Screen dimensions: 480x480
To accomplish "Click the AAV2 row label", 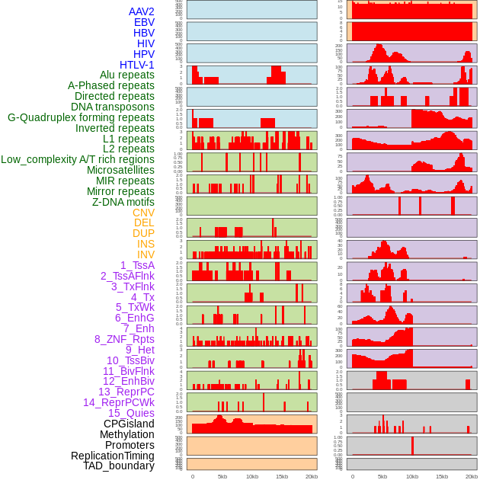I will [141, 11].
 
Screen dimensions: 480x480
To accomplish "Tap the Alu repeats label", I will [126, 75].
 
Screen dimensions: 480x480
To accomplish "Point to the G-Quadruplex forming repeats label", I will [81, 117].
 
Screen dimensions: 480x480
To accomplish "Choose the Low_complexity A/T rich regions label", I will [78, 159].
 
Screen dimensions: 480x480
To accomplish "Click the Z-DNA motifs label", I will [123, 202].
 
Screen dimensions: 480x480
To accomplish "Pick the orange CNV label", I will [143, 213].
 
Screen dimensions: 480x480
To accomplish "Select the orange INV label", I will [146, 254].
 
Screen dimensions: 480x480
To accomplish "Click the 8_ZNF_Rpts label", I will [124, 339].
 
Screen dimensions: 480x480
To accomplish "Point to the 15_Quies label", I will [131, 413].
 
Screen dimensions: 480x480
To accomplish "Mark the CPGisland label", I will [129, 424].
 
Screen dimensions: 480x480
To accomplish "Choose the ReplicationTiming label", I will [112, 456].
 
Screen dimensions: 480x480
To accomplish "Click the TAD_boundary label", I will [118, 466].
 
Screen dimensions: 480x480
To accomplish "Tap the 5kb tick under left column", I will [222, 476].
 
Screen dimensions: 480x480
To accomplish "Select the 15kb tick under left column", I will [282, 476].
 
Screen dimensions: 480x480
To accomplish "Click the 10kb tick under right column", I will [411, 476].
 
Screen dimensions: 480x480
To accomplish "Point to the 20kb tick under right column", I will [471, 476].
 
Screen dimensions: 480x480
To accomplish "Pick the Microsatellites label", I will [120, 170].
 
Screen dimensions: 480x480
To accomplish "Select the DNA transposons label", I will [113, 107].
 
